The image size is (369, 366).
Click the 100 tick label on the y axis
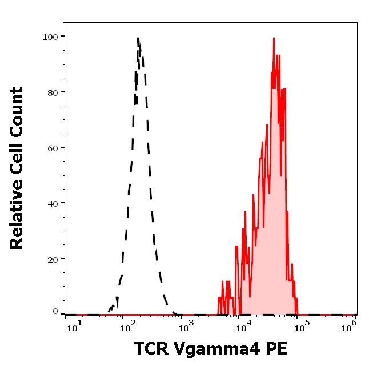pyautogui.click(x=51, y=37)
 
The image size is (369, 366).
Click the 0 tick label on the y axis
pyautogui.click(x=56, y=312)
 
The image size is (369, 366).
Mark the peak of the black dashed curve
pyautogui.click(x=138, y=38)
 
